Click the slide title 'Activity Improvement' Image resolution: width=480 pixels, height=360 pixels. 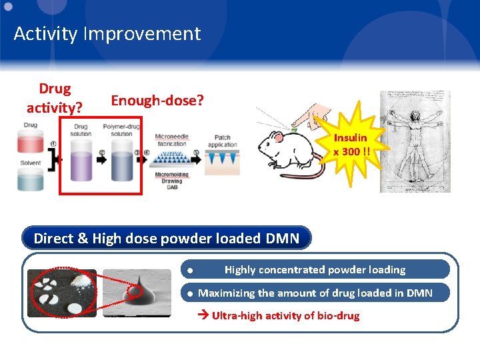(107, 34)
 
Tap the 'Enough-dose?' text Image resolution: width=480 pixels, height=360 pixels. (157, 100)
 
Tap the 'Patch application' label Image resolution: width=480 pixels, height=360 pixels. (222, 141)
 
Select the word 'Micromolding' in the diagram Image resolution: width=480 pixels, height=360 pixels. (172, 175)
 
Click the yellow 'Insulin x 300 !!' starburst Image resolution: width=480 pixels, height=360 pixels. (350, 143)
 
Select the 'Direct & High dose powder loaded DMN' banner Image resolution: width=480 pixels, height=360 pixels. (166, 238)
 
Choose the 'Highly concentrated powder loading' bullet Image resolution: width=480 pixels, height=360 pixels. (315, 269)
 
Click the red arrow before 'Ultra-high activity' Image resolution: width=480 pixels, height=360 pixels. (204, 315)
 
